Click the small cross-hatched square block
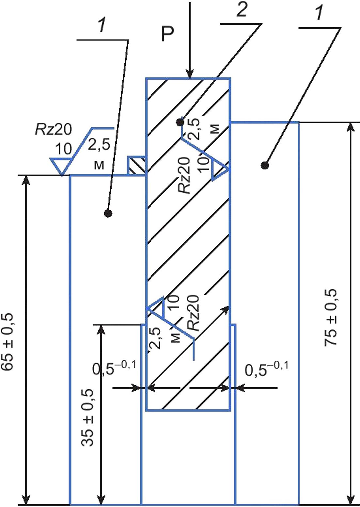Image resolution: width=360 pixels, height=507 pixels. (x=136, y=166)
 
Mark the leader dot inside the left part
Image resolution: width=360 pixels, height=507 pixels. (x=108, y=213)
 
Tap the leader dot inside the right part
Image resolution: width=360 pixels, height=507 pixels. (x=265, y=166)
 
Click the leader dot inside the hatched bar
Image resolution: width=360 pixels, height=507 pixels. (x=179, y=122)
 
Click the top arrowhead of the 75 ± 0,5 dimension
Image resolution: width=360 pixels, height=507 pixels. (x=351, y=127)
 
